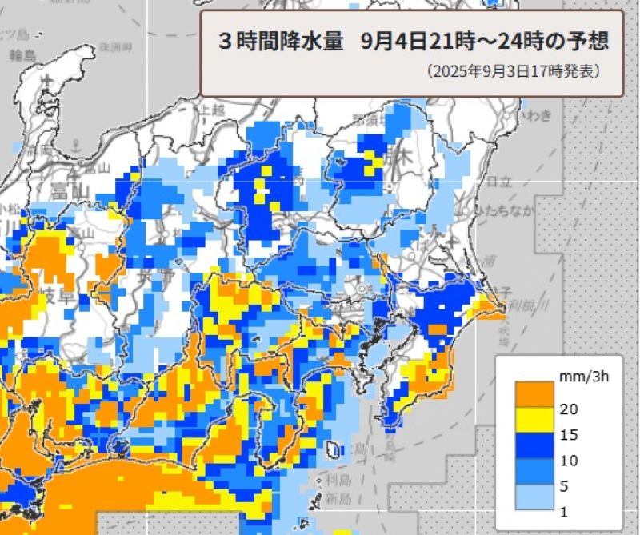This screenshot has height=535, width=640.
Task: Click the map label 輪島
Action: click(23, 55)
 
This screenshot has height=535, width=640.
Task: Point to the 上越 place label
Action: click(213, 109)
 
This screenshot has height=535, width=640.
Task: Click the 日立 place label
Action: click(498, 182)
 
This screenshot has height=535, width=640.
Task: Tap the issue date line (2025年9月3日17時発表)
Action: click(513, 72)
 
